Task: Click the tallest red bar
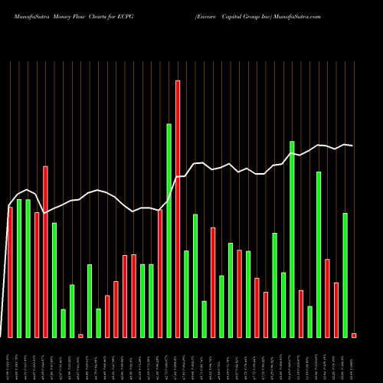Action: click(x=178, y=208)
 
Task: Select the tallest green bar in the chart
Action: click(x=169, y=230)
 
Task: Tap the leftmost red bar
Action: click(x=10, y=272)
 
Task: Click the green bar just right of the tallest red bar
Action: click(x=186, y=293)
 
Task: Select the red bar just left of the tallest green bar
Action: click(x=160, y=273)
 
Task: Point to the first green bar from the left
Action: click(x=19, y=268)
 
